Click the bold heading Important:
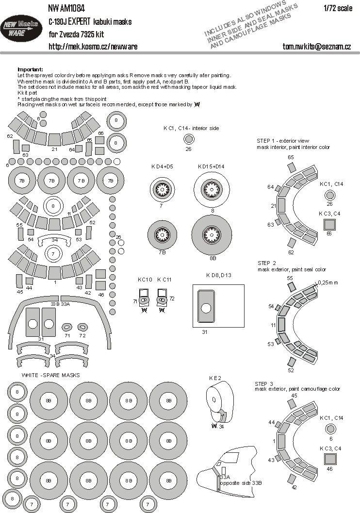pos(30,69)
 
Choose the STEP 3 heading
pos(265,383)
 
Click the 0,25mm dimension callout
pos(329,282)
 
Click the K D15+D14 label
pos(212,166)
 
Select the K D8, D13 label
pos(219,275)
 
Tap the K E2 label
pos(215,377)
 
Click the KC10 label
pos(145,280)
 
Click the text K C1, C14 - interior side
pos(191,128)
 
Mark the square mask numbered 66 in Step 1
pos(330,224)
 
